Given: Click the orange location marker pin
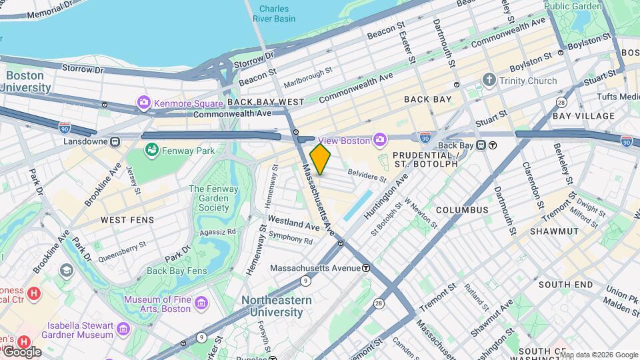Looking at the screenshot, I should tap(320, 159).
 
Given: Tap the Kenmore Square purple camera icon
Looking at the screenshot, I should tap(143, 103).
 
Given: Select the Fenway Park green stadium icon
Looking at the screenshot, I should tap(152, 151).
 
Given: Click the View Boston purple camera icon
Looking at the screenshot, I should tap(380, 140).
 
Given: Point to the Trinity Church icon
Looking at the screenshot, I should tap(489, 81).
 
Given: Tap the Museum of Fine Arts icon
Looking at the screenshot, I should tap(201, 304).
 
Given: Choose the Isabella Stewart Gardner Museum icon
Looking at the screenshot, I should tap(123, 329).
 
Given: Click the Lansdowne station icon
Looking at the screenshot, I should tap(115, 141).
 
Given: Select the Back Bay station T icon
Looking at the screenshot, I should tap(493, 145).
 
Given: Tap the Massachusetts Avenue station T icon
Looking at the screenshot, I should tap(365, 268).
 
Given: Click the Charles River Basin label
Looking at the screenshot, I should tap(274, 14).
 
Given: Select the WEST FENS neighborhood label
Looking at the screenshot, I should tap(127, 219).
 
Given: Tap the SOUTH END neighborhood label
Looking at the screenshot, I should tap(565, 285).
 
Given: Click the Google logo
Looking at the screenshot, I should tap(22, 351).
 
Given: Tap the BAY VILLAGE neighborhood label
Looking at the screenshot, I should tap(583, 116).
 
